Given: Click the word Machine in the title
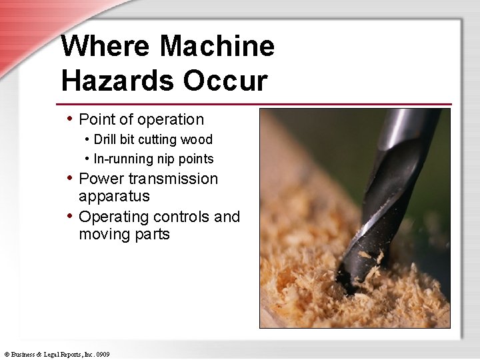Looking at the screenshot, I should (217, 47).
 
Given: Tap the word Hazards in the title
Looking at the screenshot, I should (117, 81).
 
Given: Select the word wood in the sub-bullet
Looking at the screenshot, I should (198, 139).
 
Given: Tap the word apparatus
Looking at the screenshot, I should (114, 197).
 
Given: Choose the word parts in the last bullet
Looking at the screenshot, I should (153, 235).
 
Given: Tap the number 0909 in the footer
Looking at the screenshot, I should (102, 355).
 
